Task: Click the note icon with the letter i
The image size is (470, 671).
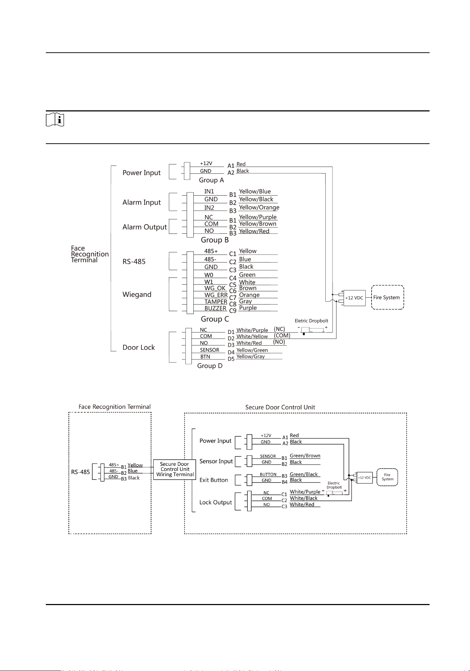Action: [x=55, y=120]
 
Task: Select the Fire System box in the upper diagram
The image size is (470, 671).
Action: [x=388, y=297]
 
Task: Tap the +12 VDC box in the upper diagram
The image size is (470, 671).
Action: [x=354, y=298]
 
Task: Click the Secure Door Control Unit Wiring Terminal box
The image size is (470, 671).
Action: [x=175, y=469]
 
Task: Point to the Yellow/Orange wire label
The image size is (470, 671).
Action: [x=259, y=207]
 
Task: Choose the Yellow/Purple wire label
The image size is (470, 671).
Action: [x=258, y=217]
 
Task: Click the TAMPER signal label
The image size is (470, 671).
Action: [x=216, y=302]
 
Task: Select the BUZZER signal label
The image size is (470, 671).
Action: [x=215, y=308]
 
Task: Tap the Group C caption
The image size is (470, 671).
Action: [x=215, y=319]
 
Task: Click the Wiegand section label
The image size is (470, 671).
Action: [x=137, y=294]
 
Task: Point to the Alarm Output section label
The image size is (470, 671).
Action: [x=145, y=227]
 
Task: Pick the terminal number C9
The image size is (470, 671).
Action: [x=233, y=311]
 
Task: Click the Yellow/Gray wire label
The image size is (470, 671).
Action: [x=251, y=356]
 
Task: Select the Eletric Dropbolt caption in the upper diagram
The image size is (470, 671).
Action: [x=311, y=321]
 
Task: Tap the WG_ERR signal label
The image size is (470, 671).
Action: [x=216, y=295]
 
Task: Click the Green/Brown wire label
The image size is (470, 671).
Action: [x=305, y=456]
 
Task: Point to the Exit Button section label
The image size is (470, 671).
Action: [x=214, y=480]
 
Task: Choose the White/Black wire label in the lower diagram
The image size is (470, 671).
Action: [x=304, y=498]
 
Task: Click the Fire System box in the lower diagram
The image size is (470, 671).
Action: [x=388, y=477]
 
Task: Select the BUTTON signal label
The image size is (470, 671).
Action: [x=268, y=474]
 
